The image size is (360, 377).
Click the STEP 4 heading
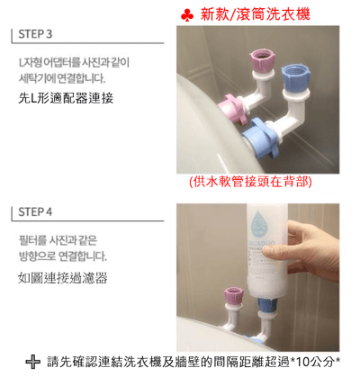click(34, 212)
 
